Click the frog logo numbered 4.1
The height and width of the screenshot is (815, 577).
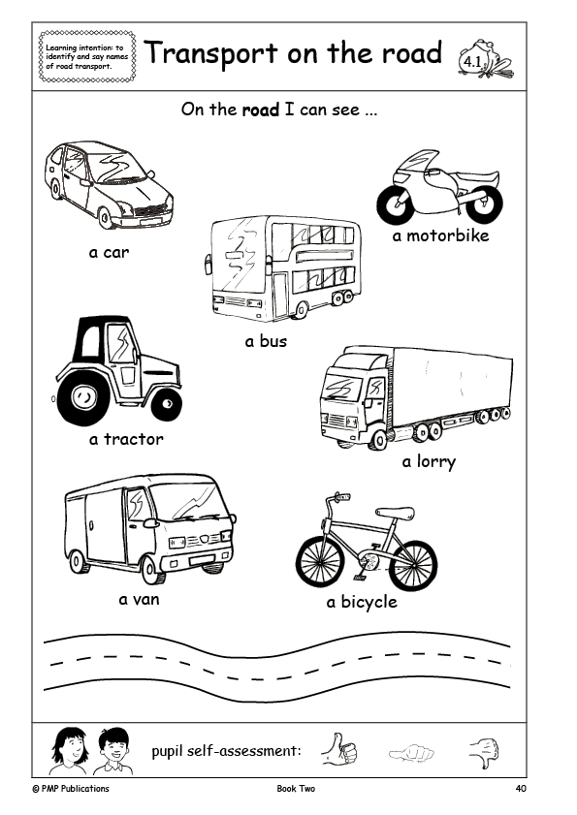[486, 58]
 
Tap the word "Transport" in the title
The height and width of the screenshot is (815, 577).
[211, 53]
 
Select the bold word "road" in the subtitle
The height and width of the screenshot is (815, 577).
[261, 110]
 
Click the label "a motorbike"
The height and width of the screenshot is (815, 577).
[440, 235]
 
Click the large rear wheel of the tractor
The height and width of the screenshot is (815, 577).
[82, 398]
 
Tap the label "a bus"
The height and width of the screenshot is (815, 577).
[266, 341]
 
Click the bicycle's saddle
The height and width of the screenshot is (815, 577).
[395, 513]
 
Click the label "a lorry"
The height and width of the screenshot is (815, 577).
[429, 461]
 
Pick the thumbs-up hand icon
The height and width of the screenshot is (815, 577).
[339, 749]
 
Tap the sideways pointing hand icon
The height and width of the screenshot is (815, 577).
[411, 752]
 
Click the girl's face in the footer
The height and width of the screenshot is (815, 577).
[72, 747]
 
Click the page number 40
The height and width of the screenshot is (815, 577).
[521, 789]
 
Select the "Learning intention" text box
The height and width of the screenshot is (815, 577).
[87, 56]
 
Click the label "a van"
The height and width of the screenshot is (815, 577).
[139, 599]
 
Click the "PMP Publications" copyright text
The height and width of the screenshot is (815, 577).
[71, 789]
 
